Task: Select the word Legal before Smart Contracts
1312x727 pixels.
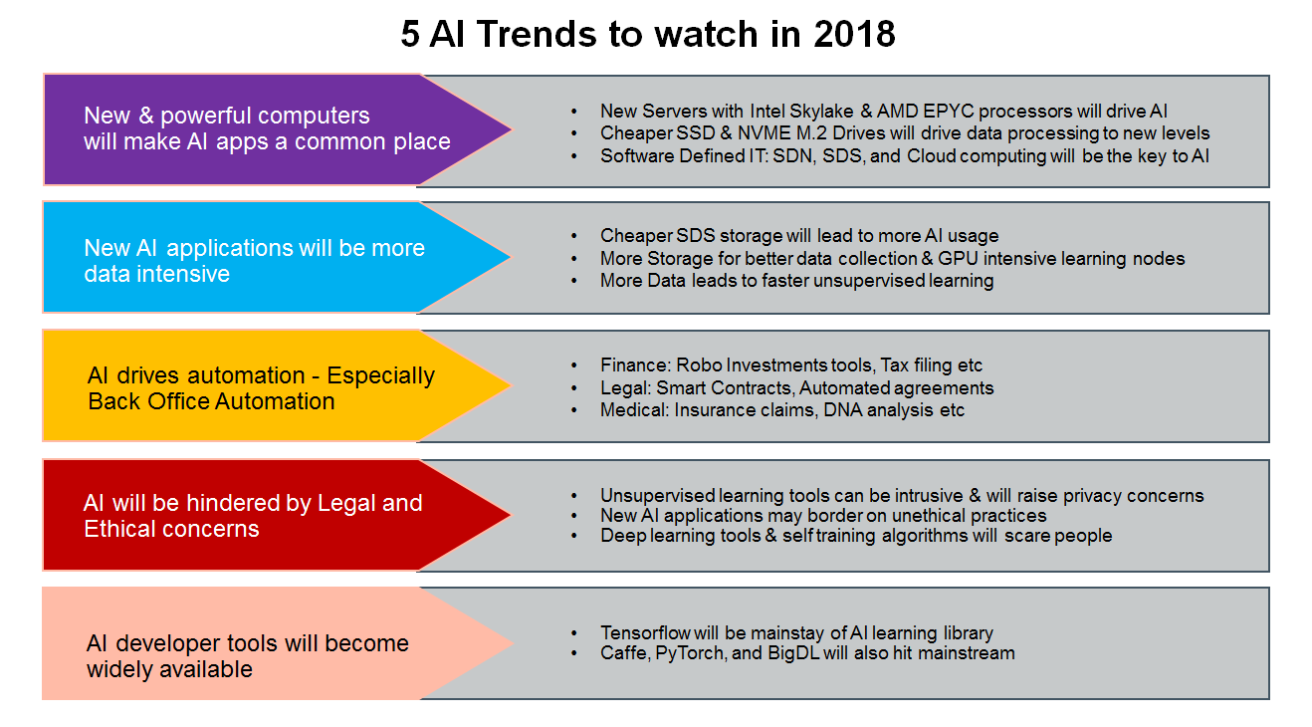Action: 623,387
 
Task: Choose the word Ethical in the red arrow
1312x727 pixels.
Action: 119,529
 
